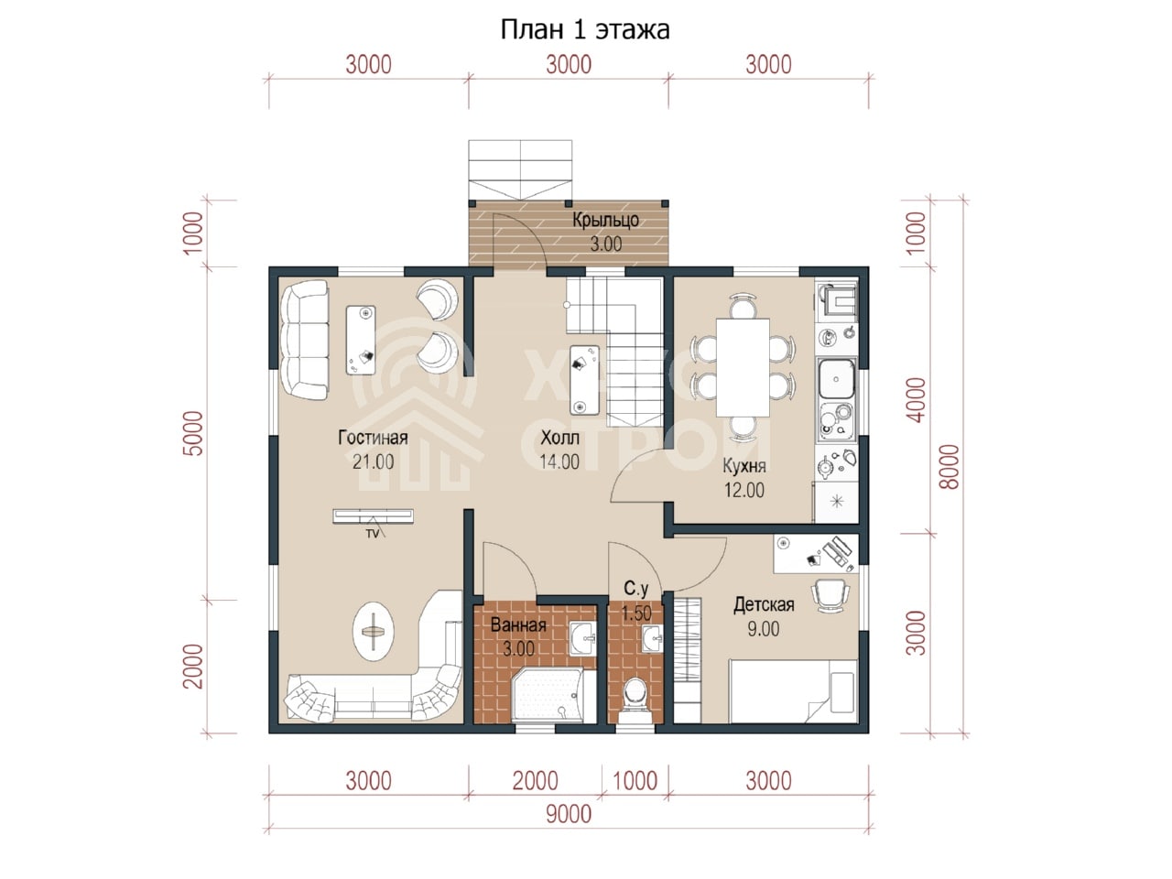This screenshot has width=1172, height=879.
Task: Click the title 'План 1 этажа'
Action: tap(585, 30)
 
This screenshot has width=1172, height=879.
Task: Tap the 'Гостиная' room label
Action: tap(373, 438)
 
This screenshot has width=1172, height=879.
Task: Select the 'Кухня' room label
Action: tap(744, 466)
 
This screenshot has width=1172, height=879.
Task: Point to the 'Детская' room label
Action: tap(764, 604)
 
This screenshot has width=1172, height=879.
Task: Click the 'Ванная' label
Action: tap(518, 625)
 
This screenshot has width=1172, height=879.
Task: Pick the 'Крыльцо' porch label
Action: tap(606, 221)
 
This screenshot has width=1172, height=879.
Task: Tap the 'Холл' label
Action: tap(559, 439)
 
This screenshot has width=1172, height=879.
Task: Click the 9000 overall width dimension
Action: tap(569, 815)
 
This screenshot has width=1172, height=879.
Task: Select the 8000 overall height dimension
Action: tap(950, 467)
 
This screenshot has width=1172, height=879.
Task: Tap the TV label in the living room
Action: tap(372, 534)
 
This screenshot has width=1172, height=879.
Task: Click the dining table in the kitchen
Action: tap(743, 367)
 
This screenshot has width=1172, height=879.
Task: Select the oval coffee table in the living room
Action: tap(374, 632)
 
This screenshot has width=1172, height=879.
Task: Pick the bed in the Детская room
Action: tap(794, 691)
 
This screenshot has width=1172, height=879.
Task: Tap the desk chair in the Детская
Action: tap(830, 595)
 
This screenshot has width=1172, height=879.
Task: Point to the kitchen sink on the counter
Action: tap(837, 379)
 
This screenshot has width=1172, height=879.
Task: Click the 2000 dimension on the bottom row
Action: tap(535, 781)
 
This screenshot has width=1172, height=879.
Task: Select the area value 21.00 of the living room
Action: tap(373, 461)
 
